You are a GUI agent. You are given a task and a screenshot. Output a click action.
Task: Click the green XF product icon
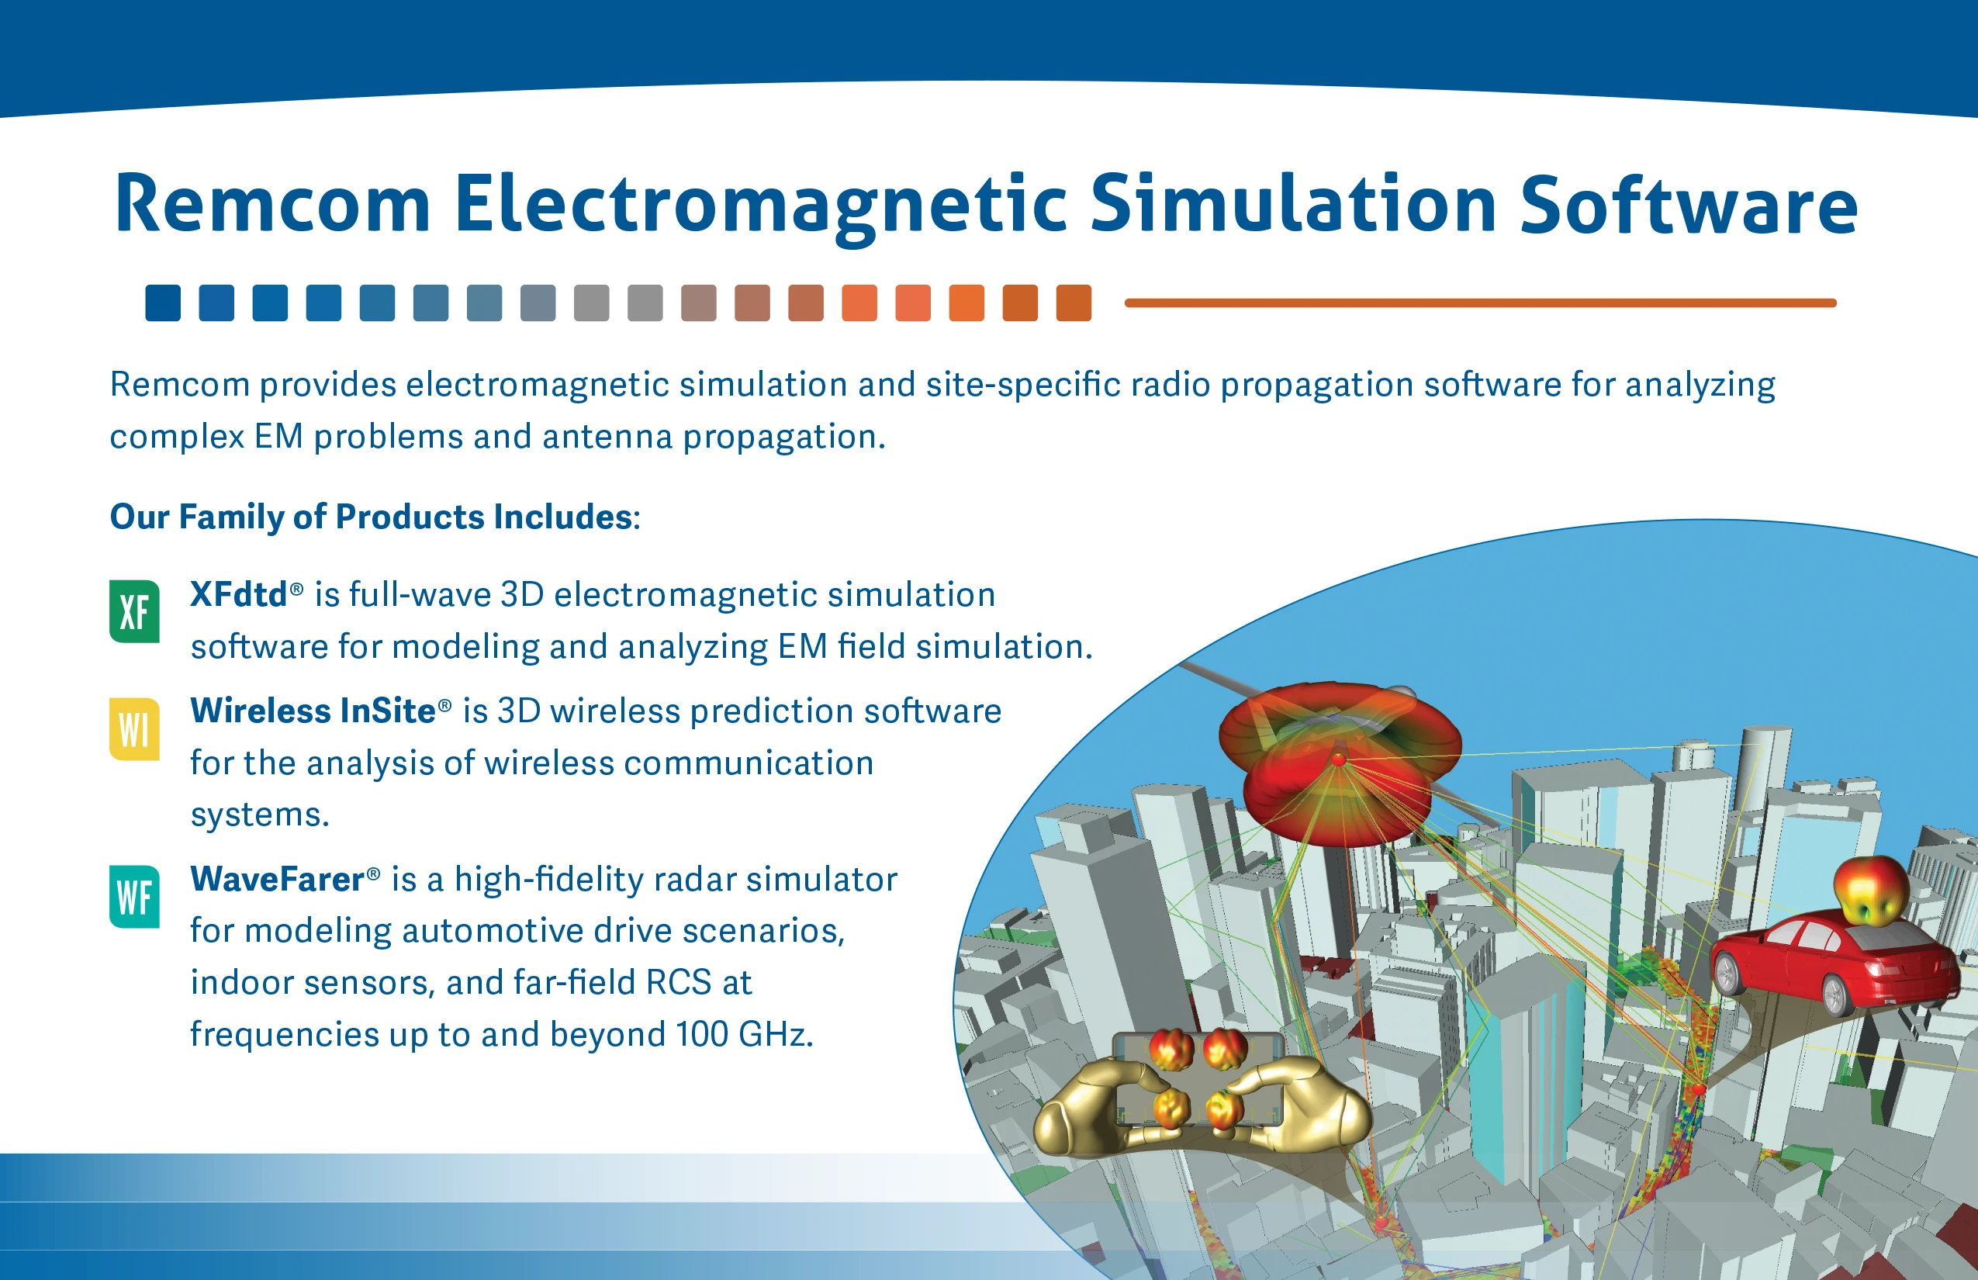tap(133, 611)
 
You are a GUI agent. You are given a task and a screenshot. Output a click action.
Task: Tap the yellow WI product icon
tap(133, 729)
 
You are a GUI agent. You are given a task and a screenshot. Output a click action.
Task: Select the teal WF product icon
tap(133, 896)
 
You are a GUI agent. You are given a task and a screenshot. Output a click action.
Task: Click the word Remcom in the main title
tap(272, 203)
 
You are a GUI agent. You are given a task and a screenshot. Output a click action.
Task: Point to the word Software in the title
tap(1688, 203)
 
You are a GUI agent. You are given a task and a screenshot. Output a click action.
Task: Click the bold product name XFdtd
tap(239, 594)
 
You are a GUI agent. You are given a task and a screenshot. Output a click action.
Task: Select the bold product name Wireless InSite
tap(313, 711)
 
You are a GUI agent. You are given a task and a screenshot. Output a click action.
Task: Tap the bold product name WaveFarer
tap(278, 878)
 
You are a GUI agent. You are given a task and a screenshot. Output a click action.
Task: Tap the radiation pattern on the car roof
tap(1870, 889)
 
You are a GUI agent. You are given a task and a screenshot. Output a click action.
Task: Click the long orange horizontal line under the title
tap(1480, 303)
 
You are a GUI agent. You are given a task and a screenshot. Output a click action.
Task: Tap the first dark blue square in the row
tap(163, 303)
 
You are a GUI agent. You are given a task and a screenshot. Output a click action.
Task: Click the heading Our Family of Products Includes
tap(375, 517)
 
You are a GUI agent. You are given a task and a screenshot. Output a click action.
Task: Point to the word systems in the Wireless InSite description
tap(259, 815)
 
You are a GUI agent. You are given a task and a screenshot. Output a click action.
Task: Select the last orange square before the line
tap(1074, 303)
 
